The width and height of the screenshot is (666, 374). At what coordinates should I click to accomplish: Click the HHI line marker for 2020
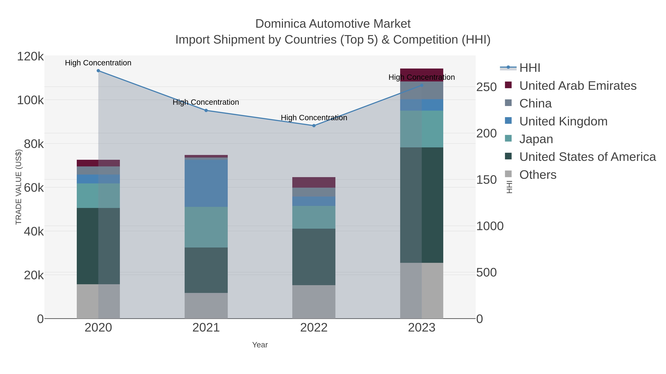98,71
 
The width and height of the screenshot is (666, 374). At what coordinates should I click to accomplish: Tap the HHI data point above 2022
314,126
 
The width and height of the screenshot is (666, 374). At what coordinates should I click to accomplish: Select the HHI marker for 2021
206,110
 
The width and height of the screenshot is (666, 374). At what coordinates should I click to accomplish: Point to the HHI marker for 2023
422,85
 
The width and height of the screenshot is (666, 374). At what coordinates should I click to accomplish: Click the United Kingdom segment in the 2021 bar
206,183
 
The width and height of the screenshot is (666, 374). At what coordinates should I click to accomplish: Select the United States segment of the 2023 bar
422,205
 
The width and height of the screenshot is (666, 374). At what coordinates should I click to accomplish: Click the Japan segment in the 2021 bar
206,227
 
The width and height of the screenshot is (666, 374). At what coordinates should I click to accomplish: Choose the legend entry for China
535,103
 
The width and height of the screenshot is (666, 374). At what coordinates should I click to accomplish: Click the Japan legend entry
536,139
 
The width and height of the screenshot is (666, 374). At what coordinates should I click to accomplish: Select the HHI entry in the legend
529,68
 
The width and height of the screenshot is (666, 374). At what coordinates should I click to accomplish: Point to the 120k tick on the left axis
30,57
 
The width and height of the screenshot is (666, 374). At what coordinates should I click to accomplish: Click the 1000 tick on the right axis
490,226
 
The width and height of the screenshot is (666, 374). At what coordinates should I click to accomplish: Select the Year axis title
260,345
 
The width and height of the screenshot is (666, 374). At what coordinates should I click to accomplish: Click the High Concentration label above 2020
98,63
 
